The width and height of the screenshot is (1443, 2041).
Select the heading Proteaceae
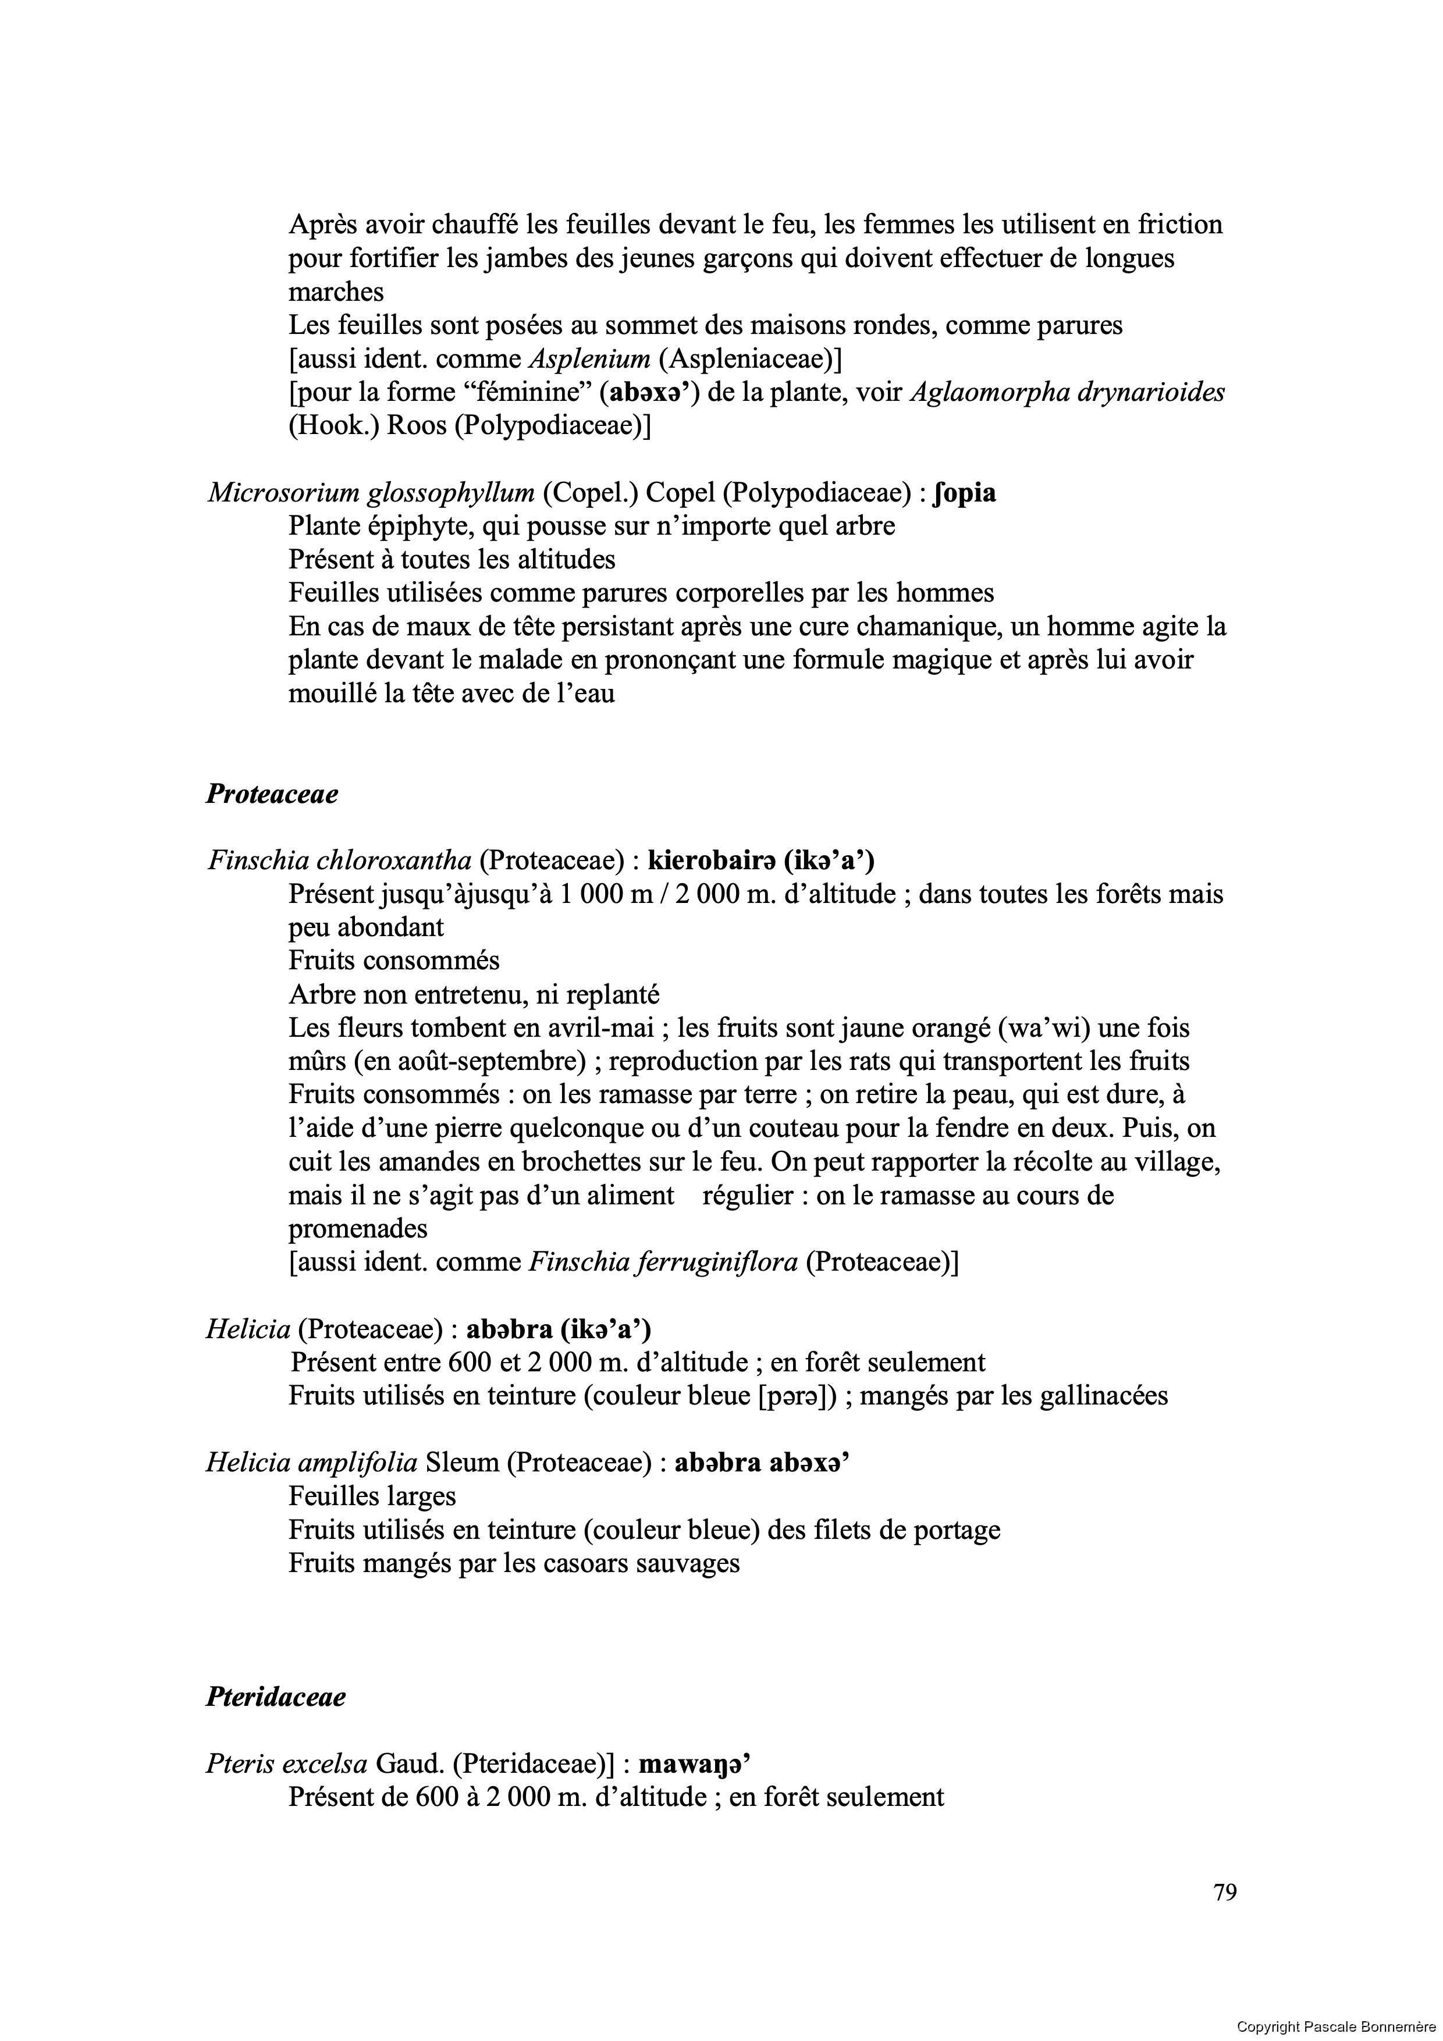coord(272,794)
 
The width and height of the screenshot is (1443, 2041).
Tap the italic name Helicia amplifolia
coord(311,1462)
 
